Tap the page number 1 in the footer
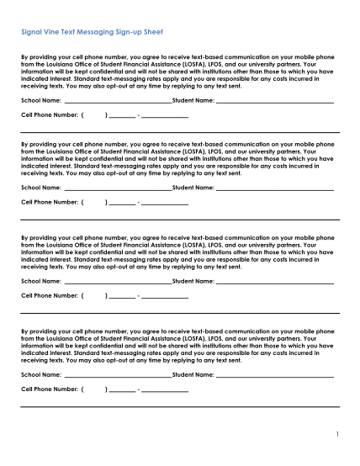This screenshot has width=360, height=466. (x=335, y=435)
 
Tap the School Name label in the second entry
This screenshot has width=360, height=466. (x=40, y=188)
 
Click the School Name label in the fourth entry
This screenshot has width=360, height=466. (x=40, y=374)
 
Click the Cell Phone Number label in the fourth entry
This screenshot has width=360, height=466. (x=50, y=389)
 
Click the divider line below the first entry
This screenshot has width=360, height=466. (x=180, y=132)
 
